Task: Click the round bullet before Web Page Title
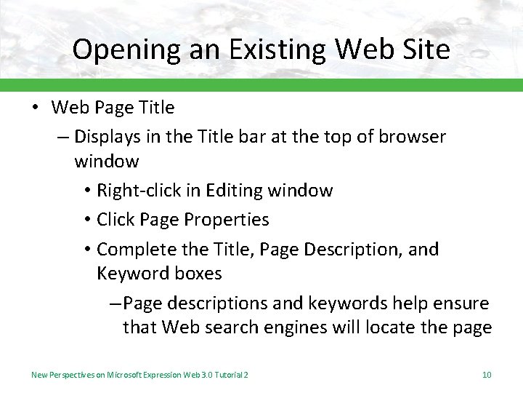tap(34, 108)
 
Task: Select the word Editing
tap(235, 191)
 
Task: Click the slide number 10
tap(487, 375)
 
